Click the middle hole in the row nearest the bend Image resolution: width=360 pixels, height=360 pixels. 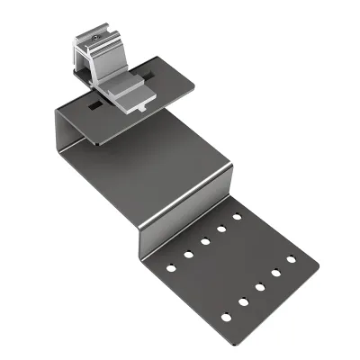pos(205,240)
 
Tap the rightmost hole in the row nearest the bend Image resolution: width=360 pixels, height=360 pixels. pos(238,216)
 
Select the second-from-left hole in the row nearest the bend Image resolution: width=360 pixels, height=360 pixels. pos(189,254)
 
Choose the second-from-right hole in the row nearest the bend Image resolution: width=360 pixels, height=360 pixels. pos(221,228)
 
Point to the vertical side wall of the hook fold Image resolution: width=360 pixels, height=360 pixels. pos(67,135)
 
